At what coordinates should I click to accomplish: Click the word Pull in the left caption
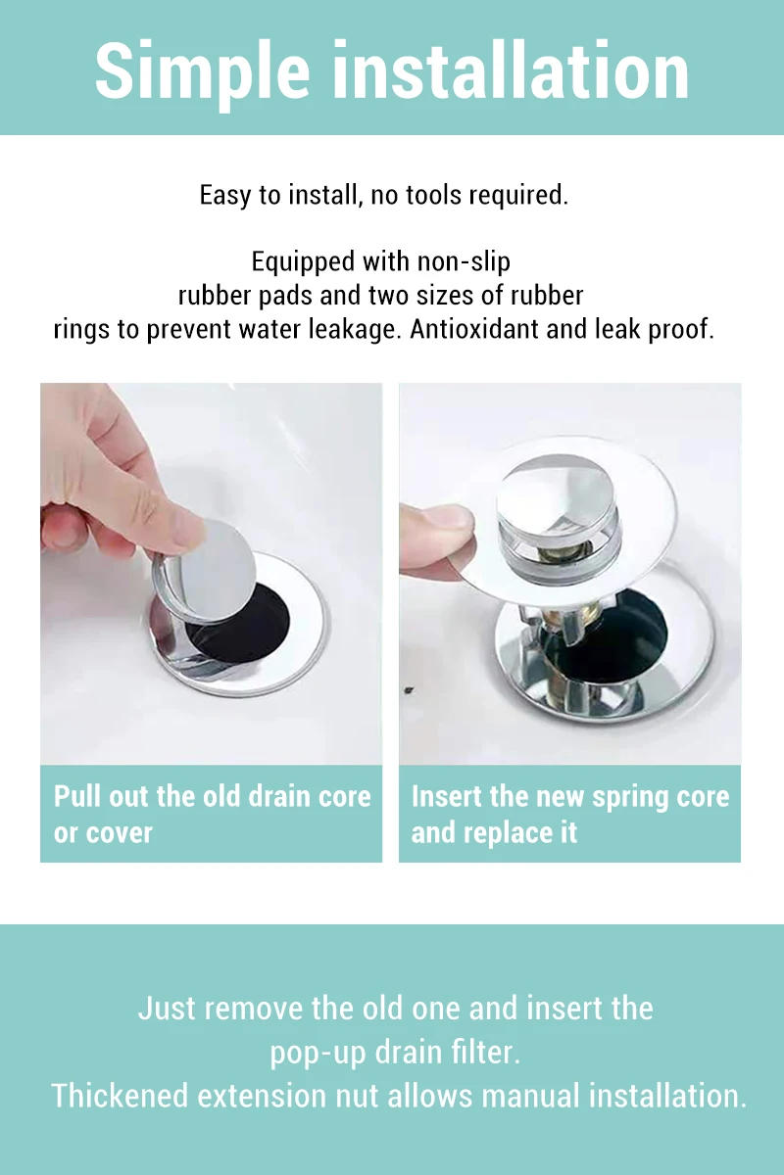coord(75,796)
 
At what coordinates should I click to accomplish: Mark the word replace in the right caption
coord(504,833)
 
